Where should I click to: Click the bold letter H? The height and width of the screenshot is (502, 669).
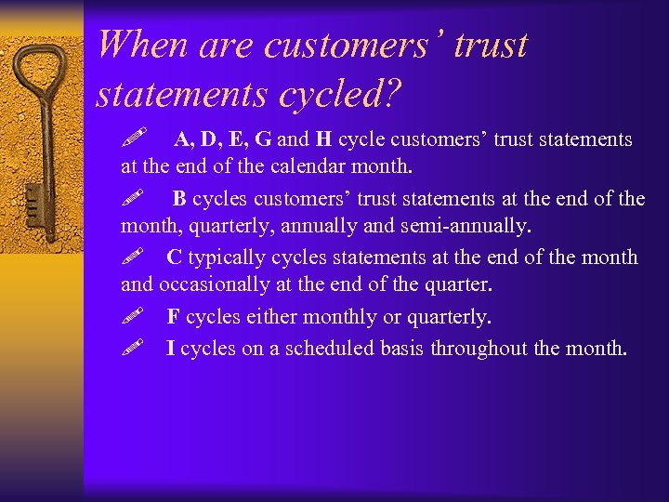click(323, 140)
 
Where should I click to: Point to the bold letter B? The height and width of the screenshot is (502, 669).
click(179, 199)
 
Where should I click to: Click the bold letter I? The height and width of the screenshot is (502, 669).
click(170, 349)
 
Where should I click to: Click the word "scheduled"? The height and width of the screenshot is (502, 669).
click(321, 349)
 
